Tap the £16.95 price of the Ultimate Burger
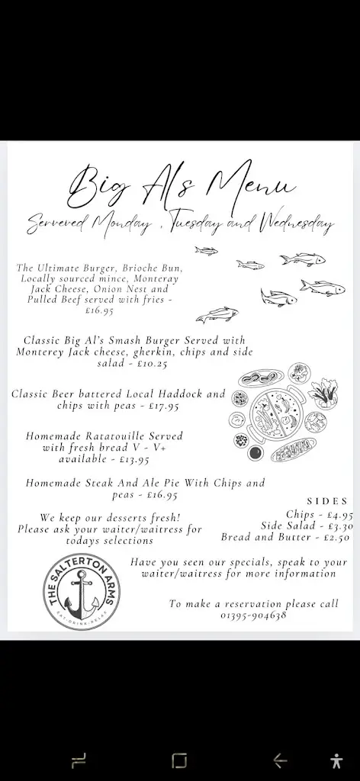(x=99, y=310)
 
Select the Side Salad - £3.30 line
(x=307, y=525)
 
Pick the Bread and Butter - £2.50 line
(x=287, y=537)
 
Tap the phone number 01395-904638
(x=254, y=615)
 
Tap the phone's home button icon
(x=179, y=760)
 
